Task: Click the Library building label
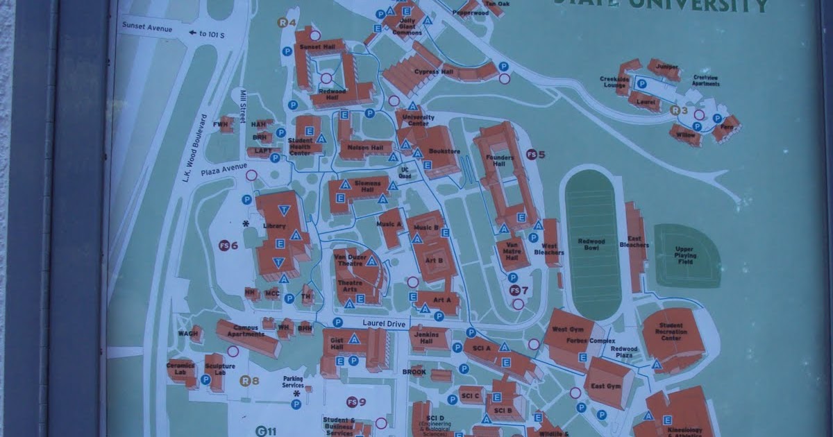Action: tap(275, 225)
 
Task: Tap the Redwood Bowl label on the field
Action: tap(592, 245)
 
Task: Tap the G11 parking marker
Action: tap(266, 431)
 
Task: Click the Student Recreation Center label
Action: tap(671, 332)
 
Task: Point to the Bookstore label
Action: tap(445, 151)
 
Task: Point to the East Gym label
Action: tap(603, 386)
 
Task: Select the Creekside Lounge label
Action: tap(614, 82)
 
